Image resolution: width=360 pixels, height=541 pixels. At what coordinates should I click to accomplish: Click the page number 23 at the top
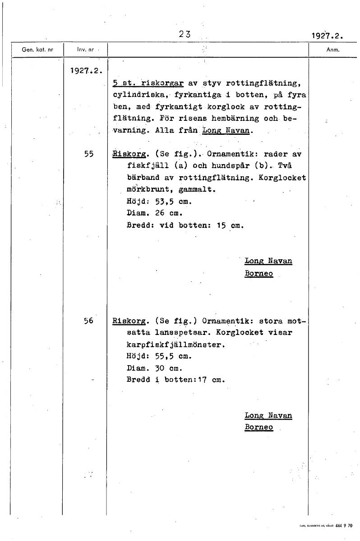(185, 33)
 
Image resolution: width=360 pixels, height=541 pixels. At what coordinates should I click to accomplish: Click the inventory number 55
(88, 153)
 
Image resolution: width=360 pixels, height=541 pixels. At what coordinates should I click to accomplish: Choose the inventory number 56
(88, 321)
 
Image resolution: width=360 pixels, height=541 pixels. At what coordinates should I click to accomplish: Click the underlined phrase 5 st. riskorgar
(148, 83)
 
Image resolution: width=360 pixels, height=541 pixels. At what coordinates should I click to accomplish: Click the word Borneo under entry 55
(259, 273)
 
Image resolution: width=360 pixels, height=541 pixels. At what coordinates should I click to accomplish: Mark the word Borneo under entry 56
(259, 427)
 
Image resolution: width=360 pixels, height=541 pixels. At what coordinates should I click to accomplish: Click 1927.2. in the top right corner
(327, 36)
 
